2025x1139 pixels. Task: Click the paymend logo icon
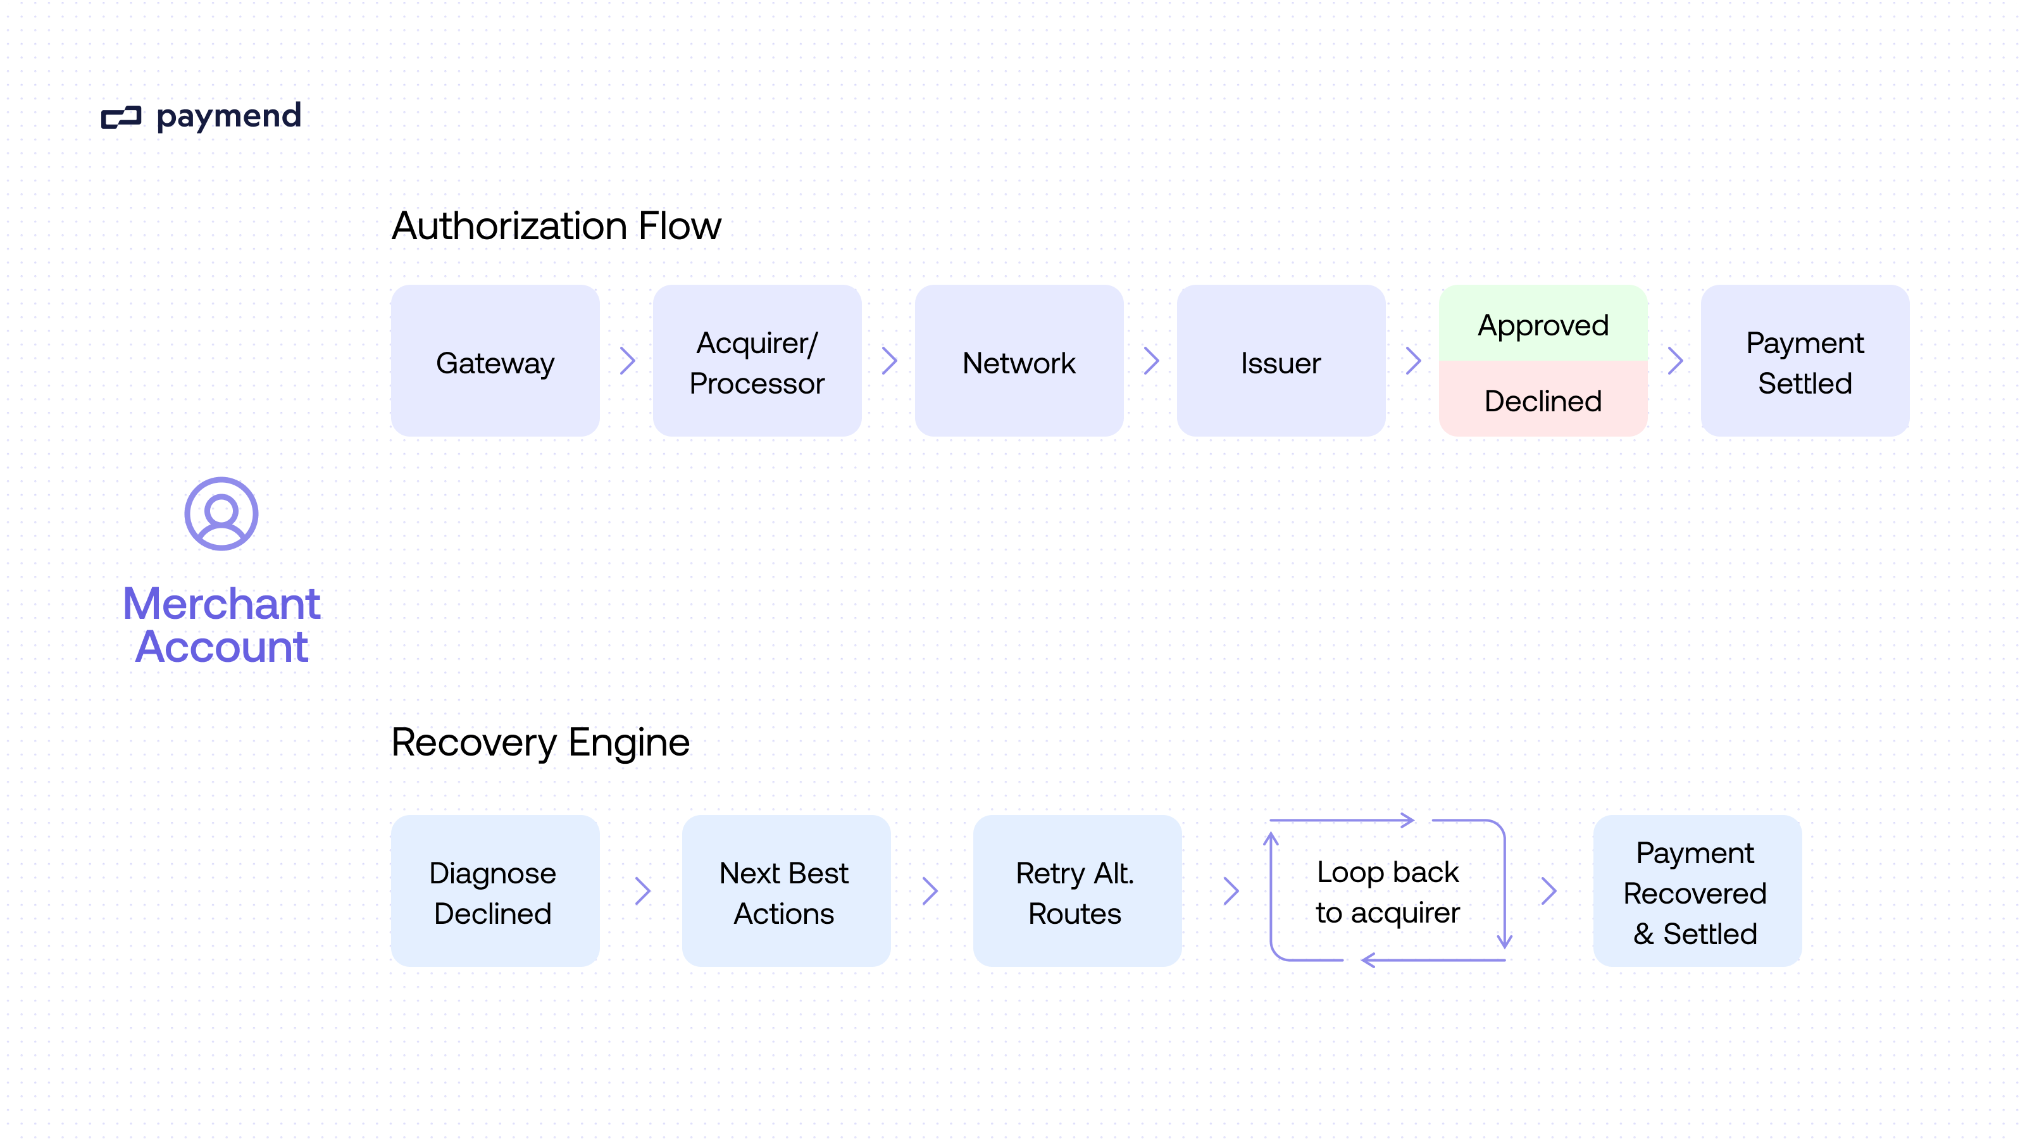point(121,118)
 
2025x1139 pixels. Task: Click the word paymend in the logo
point(228,116)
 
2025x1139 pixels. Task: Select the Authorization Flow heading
point(556,226)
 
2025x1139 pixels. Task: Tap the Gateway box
point(495,361)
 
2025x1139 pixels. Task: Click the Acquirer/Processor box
point(757,361)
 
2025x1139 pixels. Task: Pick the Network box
point(1019,361)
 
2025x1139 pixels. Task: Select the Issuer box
point(1281,361)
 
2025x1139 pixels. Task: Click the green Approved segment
point(1542,324)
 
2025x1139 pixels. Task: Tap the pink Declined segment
point(1542,400)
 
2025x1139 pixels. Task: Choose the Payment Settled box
point(1805,361)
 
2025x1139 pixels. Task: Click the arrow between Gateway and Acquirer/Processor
point(627,361)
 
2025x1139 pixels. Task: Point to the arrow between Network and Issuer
point(1151,361)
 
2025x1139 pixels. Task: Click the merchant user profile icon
point(221,514)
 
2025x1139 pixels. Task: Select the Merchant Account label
point(221,625)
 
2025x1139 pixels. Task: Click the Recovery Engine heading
point(540,742)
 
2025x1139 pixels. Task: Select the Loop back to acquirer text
point(1388,892)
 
